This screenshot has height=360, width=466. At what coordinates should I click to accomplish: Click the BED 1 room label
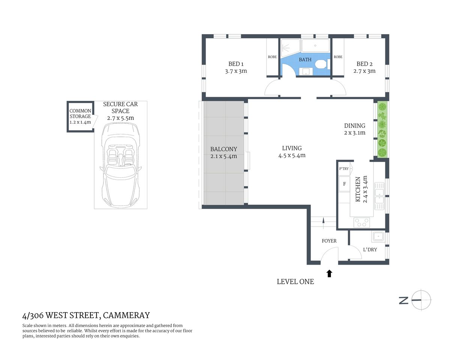pos(236,64)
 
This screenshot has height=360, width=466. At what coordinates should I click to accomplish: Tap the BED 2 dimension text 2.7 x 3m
pos(364,71)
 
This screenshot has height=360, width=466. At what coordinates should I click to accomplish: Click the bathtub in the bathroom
pos(315,46)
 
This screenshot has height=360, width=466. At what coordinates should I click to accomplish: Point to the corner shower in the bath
pos(290,47)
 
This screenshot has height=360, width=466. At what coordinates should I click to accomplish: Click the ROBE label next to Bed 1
pos(272,57)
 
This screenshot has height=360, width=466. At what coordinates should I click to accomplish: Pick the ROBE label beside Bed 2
pos(338,57)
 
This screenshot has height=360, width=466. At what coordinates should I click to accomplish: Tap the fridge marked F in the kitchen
pos(344,184)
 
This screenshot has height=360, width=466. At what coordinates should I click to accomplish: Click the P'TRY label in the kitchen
pos(344,169)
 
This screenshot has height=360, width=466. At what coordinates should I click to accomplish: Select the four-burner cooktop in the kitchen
pos(362,223)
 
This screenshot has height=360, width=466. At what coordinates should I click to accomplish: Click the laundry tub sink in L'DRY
pos(378,236)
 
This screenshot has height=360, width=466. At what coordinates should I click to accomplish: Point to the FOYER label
pos(329,241)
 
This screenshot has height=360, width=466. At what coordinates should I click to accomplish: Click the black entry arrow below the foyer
pos(329,273)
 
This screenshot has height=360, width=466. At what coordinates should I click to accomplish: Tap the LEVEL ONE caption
pos(295,282)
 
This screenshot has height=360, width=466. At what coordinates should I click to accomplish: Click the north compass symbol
pos(421,300)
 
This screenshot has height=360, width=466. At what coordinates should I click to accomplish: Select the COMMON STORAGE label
pos(80,114)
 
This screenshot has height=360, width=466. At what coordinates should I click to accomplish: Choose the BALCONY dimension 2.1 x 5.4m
pos(224,156)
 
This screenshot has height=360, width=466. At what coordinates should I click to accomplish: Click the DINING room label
pos(355,126)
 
